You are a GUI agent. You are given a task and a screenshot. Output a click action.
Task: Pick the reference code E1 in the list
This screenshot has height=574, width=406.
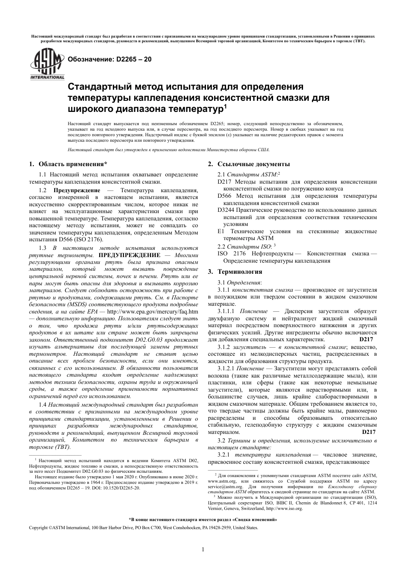coord(221,231)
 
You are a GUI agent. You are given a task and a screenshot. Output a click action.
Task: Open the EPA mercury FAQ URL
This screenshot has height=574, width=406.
coord(152,311)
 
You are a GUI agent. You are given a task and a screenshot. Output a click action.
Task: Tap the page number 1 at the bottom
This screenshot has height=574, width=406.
coord(203,549)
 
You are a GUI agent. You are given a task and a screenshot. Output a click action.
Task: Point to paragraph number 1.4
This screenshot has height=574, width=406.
coord(43,404)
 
